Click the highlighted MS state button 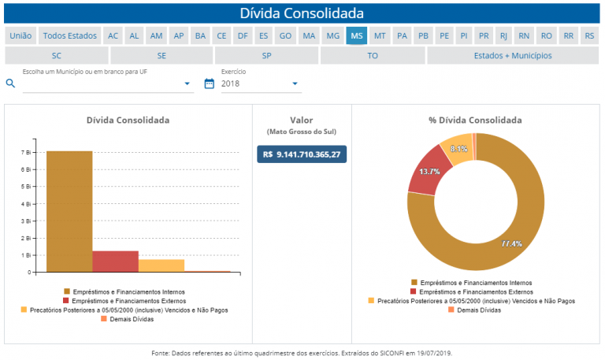click(357, 35)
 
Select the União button click(20, 35)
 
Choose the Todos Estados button click(69, 35)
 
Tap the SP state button click(266, 56)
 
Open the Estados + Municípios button click(513, 56)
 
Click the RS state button click(589, 35)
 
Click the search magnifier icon click(11, 84)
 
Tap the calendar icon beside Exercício click(210, 84)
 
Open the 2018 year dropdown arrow click(295, 84)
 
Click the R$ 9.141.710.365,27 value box click(302, 154)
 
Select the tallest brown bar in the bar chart click(69, 211)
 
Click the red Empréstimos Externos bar click(115, 262)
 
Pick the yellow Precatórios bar click(161, 265)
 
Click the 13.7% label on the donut click(429, 171)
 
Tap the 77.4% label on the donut click(511, 243)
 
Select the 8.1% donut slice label click(459, 148)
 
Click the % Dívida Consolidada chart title click(475, 121)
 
